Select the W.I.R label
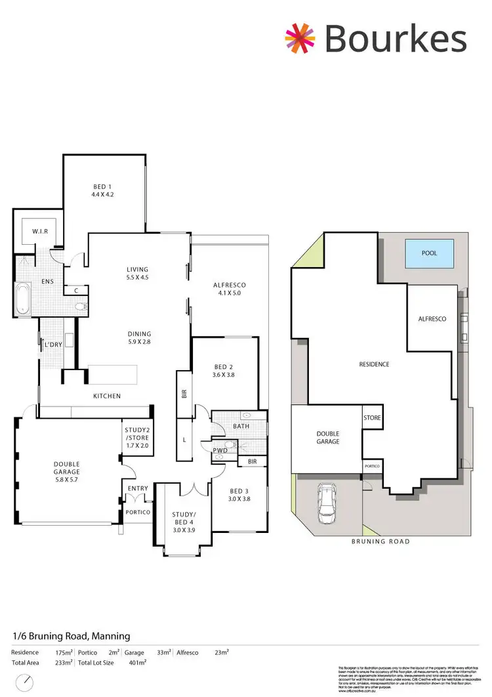[x=40, y=231]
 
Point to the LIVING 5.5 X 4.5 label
[x=138, y=273]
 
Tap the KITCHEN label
[x=107, y=396]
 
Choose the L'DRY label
[x=52, y=344]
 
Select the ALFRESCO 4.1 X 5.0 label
[x=230, y=289]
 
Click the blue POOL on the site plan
[x=429, y=253]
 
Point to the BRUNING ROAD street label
[x=380, y=541]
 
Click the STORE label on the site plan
[x=372, y=417]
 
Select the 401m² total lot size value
[x=136, y=663]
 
